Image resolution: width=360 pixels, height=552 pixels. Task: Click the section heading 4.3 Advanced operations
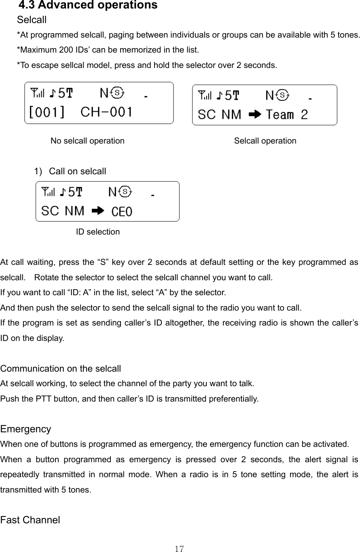[x=88, y=5]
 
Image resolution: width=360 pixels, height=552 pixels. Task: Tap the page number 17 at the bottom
[x=180, y=549]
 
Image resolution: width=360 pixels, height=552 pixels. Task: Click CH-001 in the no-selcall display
[x=107, y=111]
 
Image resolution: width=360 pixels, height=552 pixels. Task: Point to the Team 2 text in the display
[x=287, y=115]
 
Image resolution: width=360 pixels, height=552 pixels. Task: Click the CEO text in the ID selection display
[x=122, y=211]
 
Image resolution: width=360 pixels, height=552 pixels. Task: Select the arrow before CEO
[x=98, y=211]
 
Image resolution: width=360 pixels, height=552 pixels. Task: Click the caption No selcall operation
[x=87, y=141]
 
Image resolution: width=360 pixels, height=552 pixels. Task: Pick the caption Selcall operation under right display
[x=265, y=141]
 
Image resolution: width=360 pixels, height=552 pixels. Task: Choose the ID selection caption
[x=98, y=232]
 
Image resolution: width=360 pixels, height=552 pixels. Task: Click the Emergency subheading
[x=26, y=429]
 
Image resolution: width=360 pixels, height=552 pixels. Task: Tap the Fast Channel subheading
[x=30, y=520]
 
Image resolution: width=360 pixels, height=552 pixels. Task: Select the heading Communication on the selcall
[x=61, y=368]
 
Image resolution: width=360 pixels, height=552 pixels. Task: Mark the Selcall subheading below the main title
[x=32, y=19]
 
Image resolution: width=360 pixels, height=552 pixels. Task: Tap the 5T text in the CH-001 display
[x=66, y=94]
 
